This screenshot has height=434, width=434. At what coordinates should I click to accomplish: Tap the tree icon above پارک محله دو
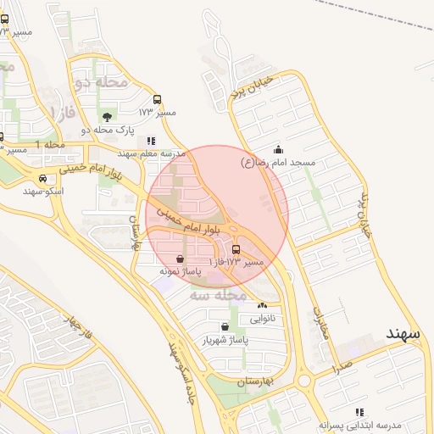[106, 117]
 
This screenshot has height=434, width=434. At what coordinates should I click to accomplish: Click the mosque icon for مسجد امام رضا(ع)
[279, 150]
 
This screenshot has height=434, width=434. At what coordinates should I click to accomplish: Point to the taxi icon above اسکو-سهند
[42, 179]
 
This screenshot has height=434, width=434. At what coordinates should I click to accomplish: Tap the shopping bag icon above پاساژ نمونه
[180, 259]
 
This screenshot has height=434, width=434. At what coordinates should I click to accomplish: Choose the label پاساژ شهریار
[227, 340]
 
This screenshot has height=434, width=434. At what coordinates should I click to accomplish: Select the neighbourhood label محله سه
[217, 295]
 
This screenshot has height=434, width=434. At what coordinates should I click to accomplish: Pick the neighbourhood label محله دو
[101, 81]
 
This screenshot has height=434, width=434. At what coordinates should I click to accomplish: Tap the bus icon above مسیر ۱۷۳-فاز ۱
[236, 249]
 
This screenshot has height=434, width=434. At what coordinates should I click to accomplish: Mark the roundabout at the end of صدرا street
[303, 381]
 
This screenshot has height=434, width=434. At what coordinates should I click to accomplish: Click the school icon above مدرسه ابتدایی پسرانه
[359, 411]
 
